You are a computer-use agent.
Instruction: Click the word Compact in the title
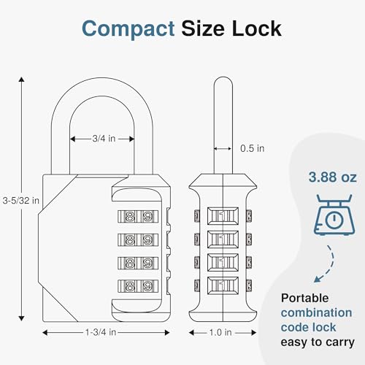pyautogui.click(x=126, y=28)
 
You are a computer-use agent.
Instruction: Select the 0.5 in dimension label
pyautogui.click(x=252, y=148)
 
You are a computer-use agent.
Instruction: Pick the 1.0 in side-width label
pyautogui.click(x=220, y=333)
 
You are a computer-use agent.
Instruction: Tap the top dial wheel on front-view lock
pyautogui.click(x=138, y=215)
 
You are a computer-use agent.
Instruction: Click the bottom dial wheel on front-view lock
pyautogui.click(x=138, y=287)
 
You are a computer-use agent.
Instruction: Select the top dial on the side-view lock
pyautogui.click(x=221, y=215)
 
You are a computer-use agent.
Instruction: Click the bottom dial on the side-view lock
pyautogui.click(x=221, y=285)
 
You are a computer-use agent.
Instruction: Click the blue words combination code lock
pyautogui.click(x=316, y=319)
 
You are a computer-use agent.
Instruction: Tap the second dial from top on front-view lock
pyautogui.click(x=138, y=239)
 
